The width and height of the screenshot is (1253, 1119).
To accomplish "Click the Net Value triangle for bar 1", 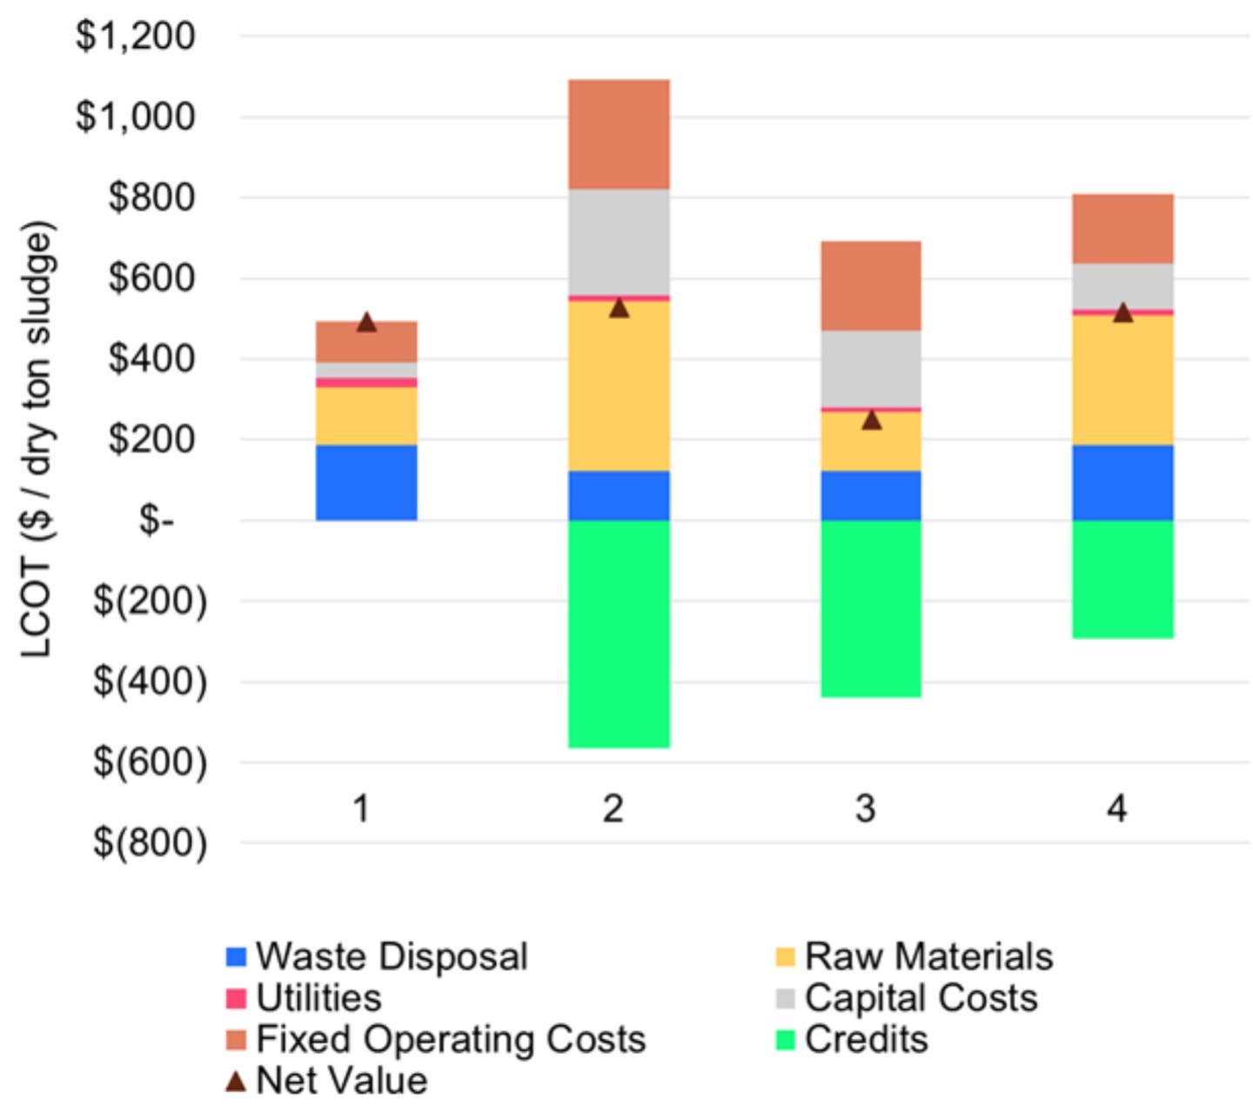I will [366, 323].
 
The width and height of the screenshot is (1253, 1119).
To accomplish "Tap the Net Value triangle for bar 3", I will [871, 420].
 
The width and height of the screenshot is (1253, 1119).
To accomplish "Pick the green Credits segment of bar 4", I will [1122, 579].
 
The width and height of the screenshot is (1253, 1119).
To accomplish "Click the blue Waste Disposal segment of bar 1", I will [366, 483].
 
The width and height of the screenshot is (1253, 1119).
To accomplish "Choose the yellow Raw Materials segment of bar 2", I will [619, 385].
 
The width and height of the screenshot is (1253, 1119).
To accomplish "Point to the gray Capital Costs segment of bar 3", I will [871, 369].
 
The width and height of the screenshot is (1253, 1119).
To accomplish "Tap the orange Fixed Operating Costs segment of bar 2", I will [619, 134].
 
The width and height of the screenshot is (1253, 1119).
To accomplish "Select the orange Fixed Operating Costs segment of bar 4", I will [1122, 229].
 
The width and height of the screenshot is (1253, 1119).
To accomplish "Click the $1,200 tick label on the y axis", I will [136, 37].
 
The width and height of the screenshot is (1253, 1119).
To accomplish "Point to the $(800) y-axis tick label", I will [151, 843].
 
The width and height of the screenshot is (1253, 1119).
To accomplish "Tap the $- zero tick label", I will [157, 521].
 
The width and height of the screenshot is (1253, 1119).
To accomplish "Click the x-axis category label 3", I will [865, 809].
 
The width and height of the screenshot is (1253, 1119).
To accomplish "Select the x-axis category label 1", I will [361, 809].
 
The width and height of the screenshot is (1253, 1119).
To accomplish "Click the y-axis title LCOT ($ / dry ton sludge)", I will [37, 439].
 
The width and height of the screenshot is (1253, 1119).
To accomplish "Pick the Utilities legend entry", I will [318, 998].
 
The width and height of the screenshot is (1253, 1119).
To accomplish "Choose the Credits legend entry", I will [866, 1040].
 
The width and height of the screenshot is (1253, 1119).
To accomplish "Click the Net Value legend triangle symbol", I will [236, 1081].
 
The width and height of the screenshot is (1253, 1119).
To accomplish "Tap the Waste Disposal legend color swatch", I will [236, 957].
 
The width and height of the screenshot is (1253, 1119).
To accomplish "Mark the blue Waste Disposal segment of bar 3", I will [871, 496].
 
